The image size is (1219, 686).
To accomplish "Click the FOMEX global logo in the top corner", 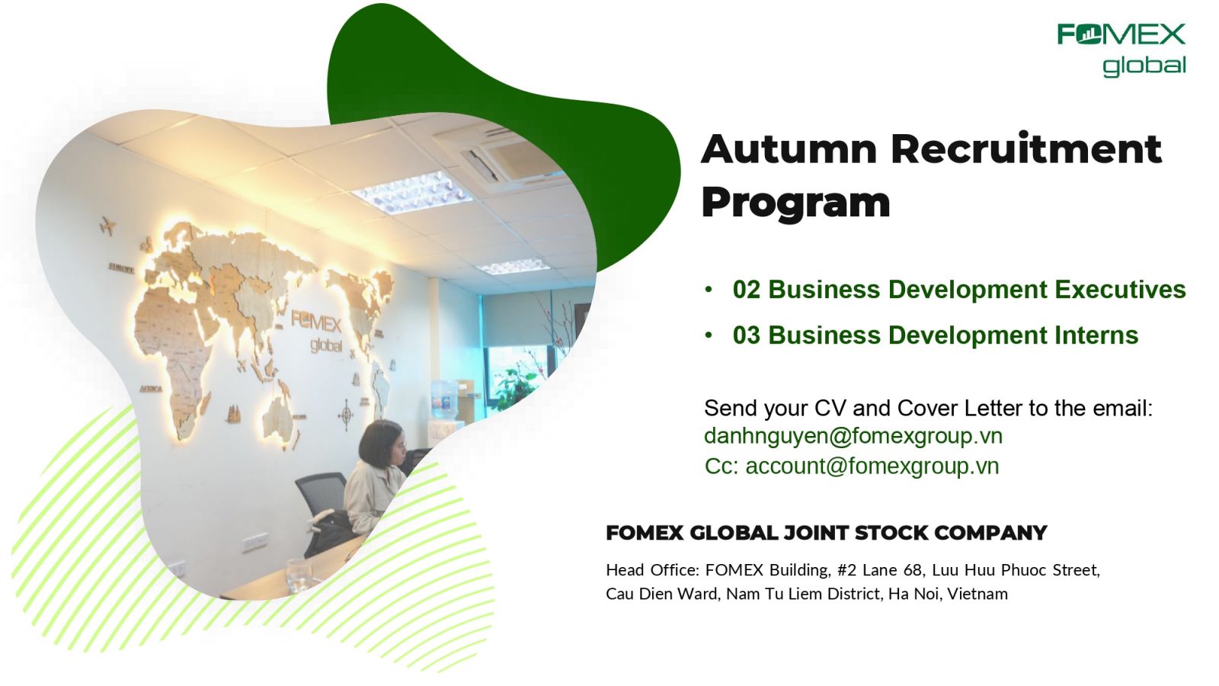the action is pos(1121,50).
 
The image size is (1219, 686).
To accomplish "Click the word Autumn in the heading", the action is pos(789,149).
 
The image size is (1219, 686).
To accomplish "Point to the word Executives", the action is pos(1121,290).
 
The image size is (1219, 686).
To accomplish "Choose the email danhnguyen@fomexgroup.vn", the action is pos(853,436).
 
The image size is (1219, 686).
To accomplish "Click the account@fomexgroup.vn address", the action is pos(872,466).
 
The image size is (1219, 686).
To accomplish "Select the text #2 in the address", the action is pos(847,570).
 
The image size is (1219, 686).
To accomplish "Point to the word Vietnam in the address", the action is pos(977,594).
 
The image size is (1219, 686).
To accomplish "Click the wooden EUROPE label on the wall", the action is pos(121,268).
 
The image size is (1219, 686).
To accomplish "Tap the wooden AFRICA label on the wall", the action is pos(151,389).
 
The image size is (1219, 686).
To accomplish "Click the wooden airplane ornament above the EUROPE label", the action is pos(107,226).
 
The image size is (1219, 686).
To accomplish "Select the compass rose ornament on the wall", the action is pos(346,415).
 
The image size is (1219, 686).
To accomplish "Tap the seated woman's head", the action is pos(382,442).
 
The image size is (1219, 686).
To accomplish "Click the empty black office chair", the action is pos(321,498).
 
